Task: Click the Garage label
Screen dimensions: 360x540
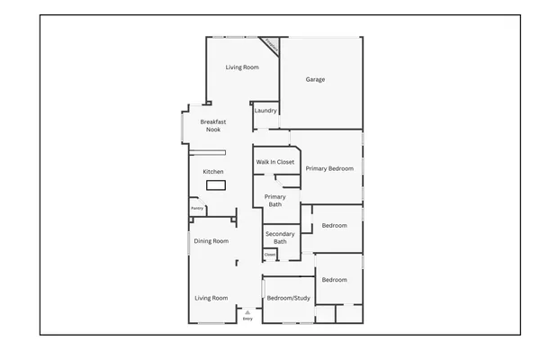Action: (315, 79)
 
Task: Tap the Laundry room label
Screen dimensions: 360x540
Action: (265, 111)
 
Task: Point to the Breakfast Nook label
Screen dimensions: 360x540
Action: (212, 125)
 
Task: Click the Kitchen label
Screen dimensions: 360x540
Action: (212, 171)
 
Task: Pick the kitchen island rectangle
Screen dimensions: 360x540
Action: (215, 185)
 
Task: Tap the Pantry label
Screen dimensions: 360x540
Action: (196, 209)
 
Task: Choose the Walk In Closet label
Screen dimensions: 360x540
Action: (275, 162)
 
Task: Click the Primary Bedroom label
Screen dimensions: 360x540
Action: (329, 168)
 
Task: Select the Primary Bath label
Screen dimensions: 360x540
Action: (274, 200)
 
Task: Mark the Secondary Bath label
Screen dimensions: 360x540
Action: (280, 238)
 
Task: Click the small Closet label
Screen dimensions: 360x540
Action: (269, 255)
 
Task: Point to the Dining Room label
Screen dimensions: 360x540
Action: (211, 241)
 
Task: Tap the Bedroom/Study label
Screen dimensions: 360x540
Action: (288, 298)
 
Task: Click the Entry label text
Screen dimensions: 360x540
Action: (247, 318)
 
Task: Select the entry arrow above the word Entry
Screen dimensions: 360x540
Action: (247, 310)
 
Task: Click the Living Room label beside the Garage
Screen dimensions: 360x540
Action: (242, 67)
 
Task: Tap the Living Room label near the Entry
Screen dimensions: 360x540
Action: (211, 298)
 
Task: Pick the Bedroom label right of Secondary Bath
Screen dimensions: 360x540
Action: (335, 225)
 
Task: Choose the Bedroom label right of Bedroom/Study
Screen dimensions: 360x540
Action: (335, 280)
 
